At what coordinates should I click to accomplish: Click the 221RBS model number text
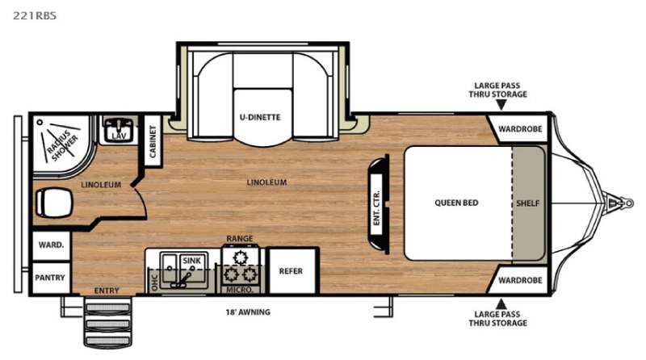(35, 15)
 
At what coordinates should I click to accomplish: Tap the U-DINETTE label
(260, 117)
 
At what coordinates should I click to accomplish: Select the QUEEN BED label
(456, 203)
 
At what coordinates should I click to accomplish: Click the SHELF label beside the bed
(528, 203)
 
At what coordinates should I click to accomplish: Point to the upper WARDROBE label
(520, 129)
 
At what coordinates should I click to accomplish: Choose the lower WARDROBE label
(520, 281)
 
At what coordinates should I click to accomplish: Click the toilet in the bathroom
(54, 203)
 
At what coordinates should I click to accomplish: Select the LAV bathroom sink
(119, 130)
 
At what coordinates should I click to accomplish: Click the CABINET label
(153, 142)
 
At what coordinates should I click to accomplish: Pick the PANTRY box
(51, 278)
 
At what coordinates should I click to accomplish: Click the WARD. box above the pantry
(51, 245)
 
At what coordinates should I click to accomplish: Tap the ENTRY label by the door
(107, 291)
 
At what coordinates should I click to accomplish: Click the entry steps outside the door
(108, 322)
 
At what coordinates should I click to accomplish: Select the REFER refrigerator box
(292, 270)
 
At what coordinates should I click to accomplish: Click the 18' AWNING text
(248, 312)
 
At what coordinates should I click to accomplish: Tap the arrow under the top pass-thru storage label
(501, 105)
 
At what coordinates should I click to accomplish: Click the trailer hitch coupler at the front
(621, 203)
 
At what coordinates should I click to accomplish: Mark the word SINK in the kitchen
(191, 261)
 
